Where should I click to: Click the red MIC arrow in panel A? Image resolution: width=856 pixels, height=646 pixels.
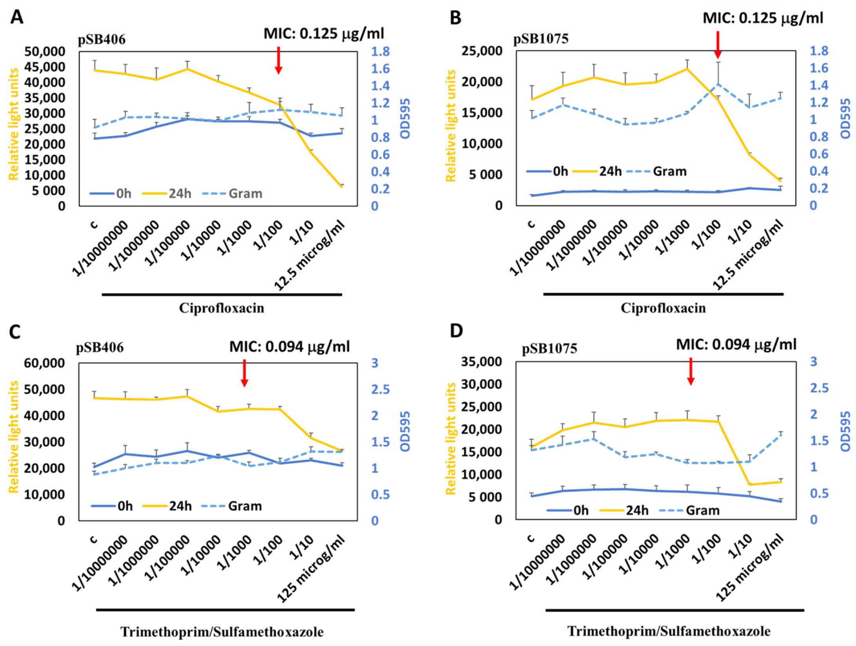click(x=278, y=60)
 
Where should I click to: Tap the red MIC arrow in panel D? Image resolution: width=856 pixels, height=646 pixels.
click(x=691, y=371)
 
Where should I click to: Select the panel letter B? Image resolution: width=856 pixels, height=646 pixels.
click(x=455, y=18)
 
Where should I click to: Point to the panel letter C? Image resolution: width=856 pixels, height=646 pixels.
click(x=15, y=332)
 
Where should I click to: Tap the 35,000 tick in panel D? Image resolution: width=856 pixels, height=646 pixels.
click(x=482, y=361)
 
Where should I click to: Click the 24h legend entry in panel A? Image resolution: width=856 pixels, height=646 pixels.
click(x=167, y=193)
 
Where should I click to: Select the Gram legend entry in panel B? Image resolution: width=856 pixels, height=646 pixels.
click(x=657, y=171)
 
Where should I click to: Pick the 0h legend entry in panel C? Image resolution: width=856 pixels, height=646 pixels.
click(x=112, y=506)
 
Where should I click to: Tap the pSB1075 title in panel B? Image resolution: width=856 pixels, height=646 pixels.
click(x=541, y=39)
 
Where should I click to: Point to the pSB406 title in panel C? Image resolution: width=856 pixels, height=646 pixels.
click(x=100, y=348)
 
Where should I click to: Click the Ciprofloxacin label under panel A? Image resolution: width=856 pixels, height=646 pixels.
click(x=222, y=308)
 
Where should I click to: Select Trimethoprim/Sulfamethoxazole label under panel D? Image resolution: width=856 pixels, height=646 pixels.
click(x=669, y=631)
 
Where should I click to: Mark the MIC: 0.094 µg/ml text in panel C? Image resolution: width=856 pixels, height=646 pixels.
click(x=289, y=347)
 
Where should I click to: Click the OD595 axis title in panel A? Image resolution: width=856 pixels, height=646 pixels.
click(x=405, y=119)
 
